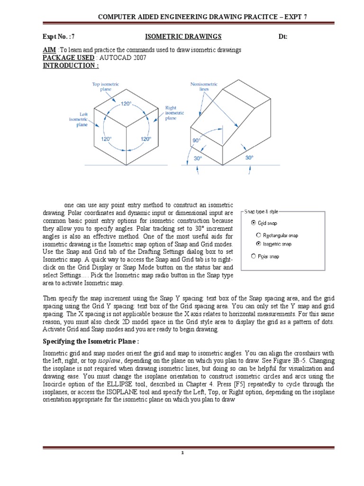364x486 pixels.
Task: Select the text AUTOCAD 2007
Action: [x=122, y=57]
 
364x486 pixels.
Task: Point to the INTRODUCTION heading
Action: [x=68, y=65]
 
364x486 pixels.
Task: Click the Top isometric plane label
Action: [x=105, y=87]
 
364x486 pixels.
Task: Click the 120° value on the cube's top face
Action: [x=126, y=103]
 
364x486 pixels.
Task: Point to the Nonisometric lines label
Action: [x=203, y=87]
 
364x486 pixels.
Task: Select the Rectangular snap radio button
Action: [x=258, y=235]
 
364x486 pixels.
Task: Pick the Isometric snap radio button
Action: [x=258, y=243]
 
